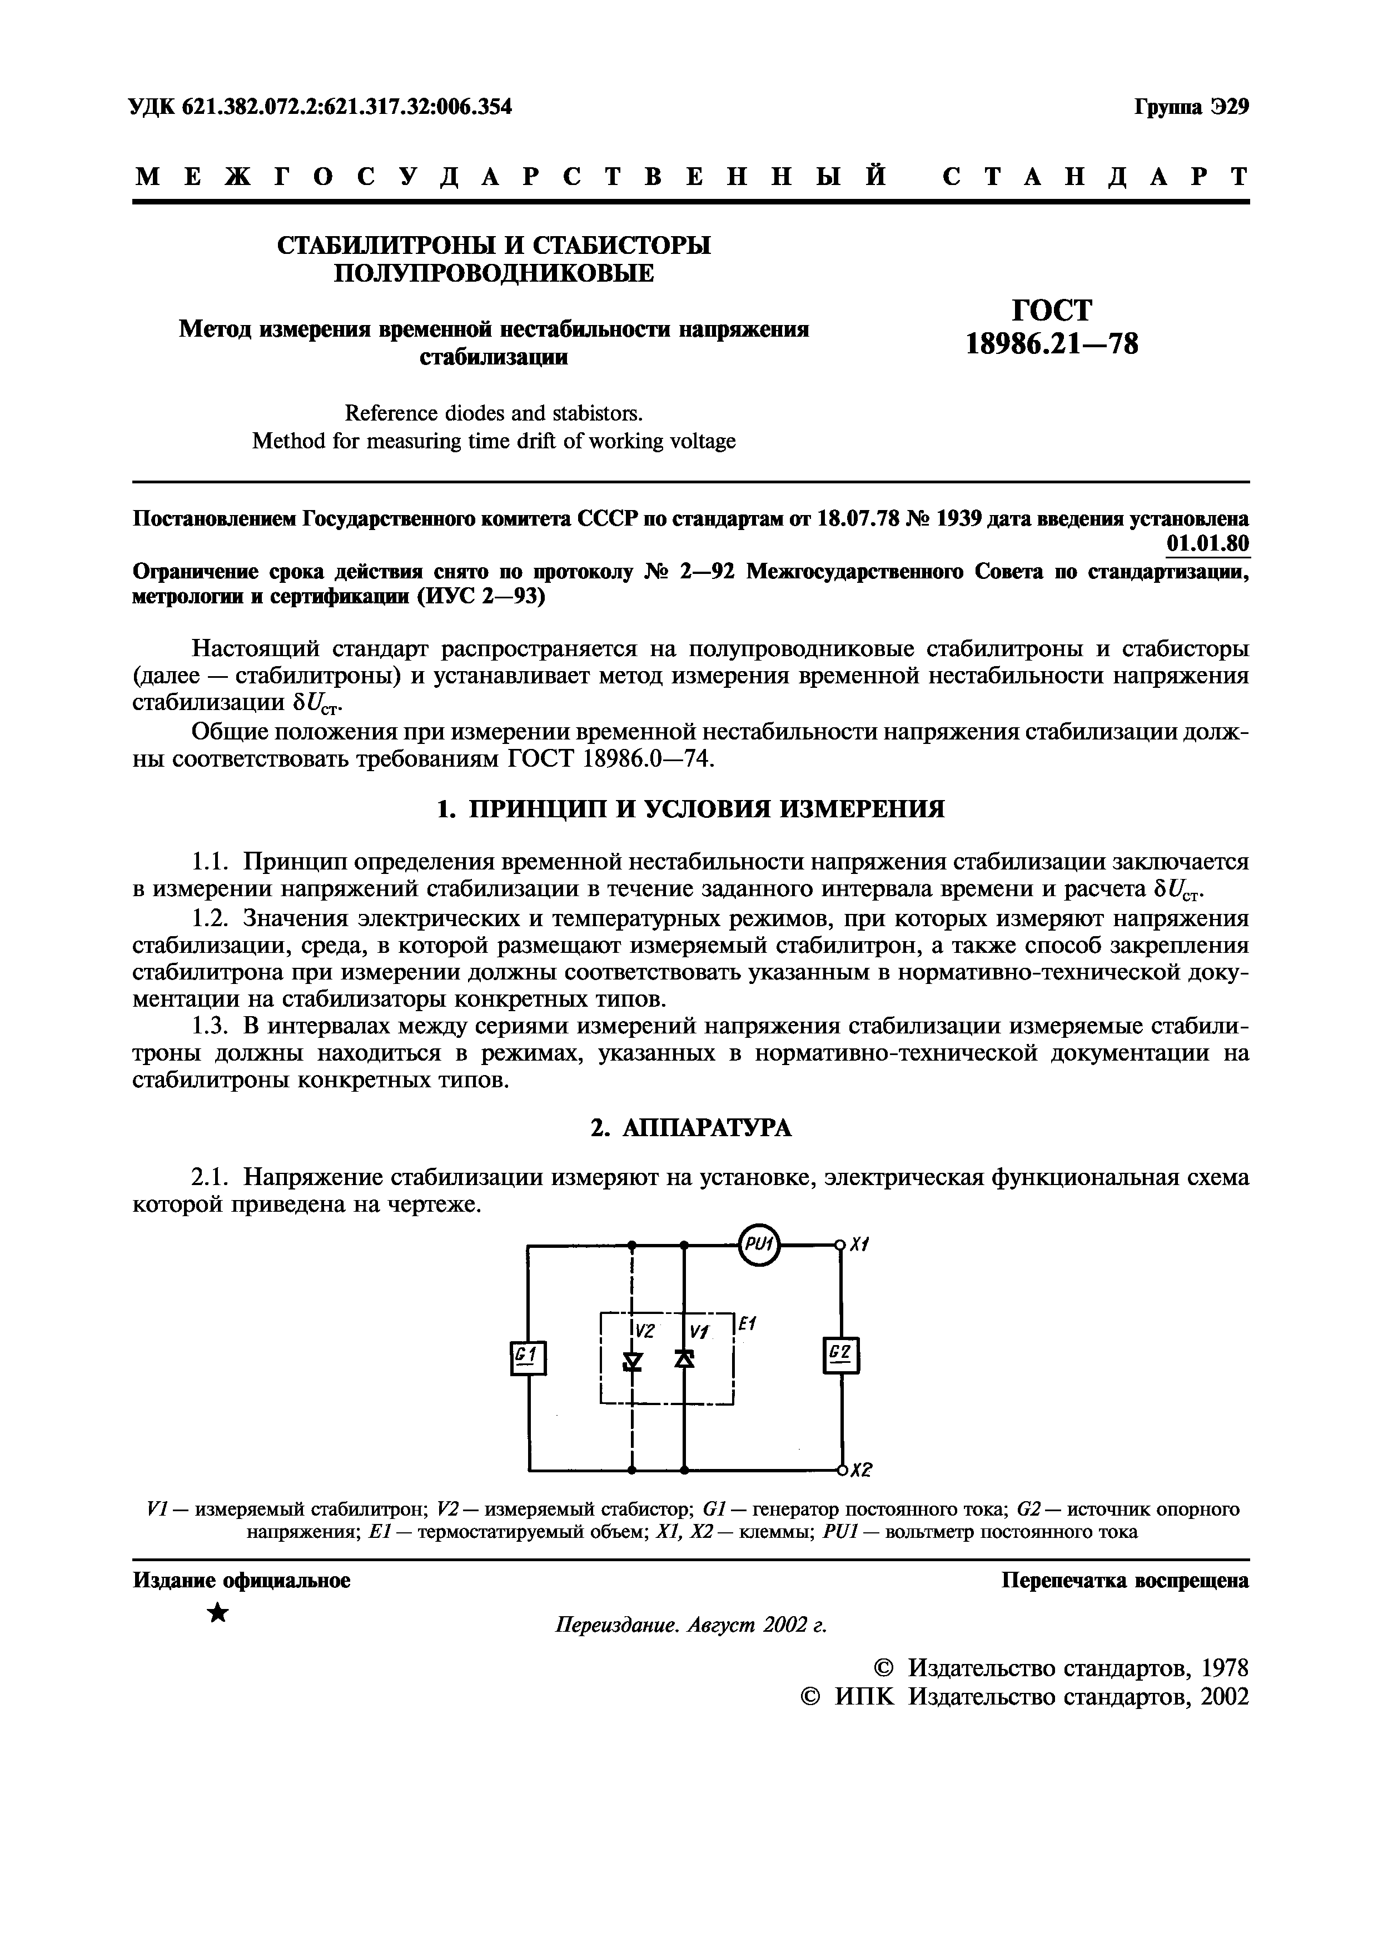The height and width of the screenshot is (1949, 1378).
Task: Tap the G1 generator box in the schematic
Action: point(528,1357)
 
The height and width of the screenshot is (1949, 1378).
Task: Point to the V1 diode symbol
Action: point(684,1360)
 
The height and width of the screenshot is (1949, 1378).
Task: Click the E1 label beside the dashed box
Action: point(747,1323)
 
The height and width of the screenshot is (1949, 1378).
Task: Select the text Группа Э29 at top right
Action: point(1191,108)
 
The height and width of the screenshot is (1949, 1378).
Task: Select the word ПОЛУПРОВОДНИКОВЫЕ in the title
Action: point(494,273)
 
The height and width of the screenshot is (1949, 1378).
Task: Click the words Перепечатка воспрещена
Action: point(1125,1581)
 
